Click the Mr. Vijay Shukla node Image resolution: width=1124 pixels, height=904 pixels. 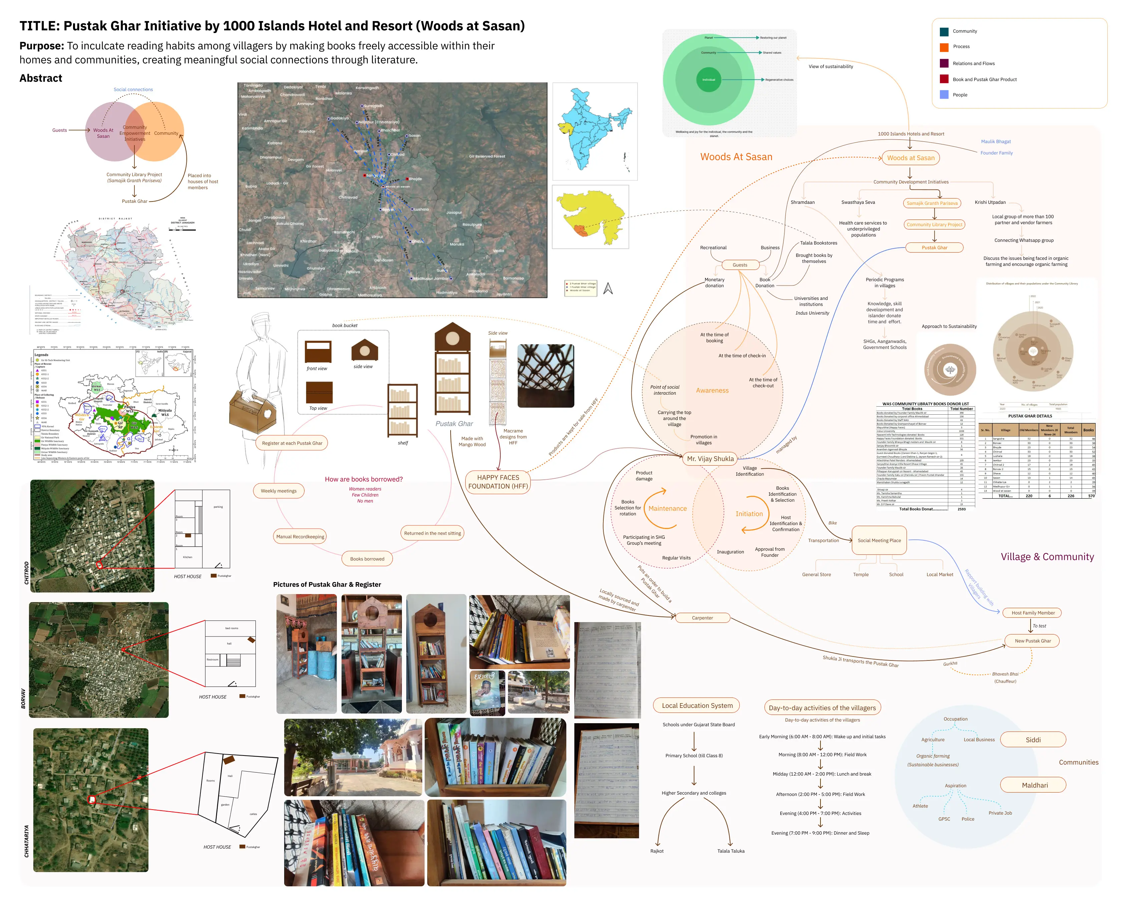[710, 459]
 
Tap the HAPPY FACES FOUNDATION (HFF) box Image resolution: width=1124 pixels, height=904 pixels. [498, 482]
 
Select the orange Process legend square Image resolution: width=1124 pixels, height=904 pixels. [944, 47]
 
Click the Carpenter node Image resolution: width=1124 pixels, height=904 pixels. [702, 618]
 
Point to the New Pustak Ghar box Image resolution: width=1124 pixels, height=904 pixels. [1032, 641]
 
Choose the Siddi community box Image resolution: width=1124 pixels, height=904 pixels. [1033, 740]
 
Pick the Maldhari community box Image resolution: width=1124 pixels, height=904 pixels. [1034, 785]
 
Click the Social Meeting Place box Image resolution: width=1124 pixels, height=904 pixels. [879, 541]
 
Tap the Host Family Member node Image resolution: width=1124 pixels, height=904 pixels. [1033, 613]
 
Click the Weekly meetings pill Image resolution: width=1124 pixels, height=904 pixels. [278, 491]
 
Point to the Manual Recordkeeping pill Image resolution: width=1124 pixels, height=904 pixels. [300, 536]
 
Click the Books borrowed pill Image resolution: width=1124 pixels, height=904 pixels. [367, 559]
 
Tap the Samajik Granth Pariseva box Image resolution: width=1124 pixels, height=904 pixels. [932, 203]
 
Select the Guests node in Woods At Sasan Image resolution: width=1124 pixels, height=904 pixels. [740, 265]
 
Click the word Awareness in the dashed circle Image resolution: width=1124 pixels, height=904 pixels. [712, 391]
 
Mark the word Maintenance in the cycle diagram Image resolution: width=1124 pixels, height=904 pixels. [667, 509]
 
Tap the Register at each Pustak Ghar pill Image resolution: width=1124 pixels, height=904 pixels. [292, 443]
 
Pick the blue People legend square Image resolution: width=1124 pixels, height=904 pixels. [944, 95]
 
